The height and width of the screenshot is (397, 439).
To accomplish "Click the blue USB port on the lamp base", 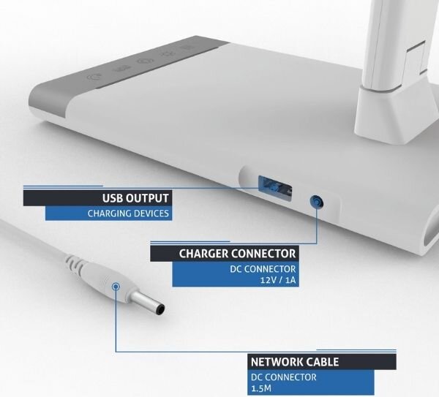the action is pyautogui.click(x=275, y=188).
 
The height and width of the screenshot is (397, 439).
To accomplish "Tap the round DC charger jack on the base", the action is pyautogui.click(x=317, y=202).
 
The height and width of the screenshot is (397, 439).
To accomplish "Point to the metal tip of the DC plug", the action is pyautogui.click(x=148, y=303).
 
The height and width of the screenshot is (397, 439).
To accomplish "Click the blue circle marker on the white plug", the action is pyautogui.click(x=116, y=286).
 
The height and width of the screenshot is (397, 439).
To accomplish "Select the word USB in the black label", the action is pyautogui.click(x=112, y=198).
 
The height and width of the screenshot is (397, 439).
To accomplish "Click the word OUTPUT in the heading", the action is pyautogui.click(x=147, y=198).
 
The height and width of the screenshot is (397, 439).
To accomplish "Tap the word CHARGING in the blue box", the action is pyautogui.click(x=110, y=213).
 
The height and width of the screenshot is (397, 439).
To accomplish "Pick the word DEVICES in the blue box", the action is pyautogui.click(x=151, y=213).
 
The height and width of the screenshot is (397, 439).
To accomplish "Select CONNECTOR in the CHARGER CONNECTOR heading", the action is pyautogui.click(x=263, y=254).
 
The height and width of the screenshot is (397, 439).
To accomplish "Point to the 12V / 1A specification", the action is pyautogui.click(x=278, y=280).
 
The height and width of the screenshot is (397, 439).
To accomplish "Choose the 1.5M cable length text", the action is pyautogui.click(x=261, y=388).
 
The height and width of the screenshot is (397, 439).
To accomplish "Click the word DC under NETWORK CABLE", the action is pyautogui.click(x=257, y=377).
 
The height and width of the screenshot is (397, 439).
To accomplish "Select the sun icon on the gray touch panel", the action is pyautogui.click(x=168, y=54).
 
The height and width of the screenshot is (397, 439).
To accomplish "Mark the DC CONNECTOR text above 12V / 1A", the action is pyautogui.click(x=263, y=269).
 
